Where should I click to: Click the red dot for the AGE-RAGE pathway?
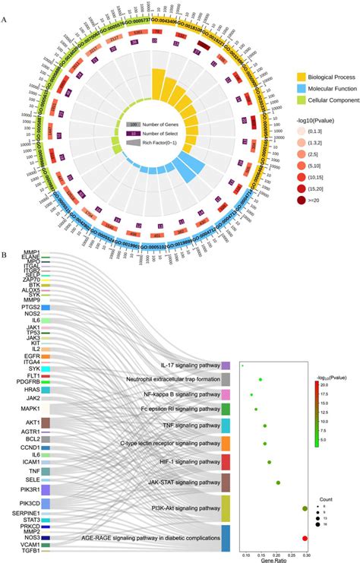(305, 539)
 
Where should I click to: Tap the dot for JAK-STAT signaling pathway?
(278, 482)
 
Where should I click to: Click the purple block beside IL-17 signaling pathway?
(226, 365)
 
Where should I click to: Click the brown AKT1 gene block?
(46, 422)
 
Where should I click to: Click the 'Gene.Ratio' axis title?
(276, 557)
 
